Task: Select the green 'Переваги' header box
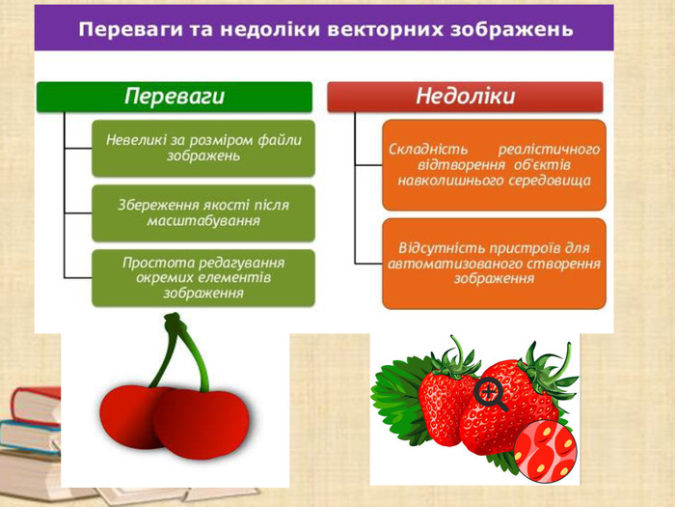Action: [175, 97]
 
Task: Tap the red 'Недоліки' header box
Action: [465, 97]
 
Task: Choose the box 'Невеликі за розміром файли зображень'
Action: [203, 148]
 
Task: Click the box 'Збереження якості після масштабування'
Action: [203, 212]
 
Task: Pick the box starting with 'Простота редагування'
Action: [203, 277]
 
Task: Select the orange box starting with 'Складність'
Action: [494, 164]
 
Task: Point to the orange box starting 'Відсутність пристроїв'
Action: [494, 263]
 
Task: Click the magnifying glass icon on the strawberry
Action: [490, 393]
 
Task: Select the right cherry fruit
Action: [204, 421]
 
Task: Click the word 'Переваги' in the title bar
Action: [130, 29]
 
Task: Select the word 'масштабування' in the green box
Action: [203, 221]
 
